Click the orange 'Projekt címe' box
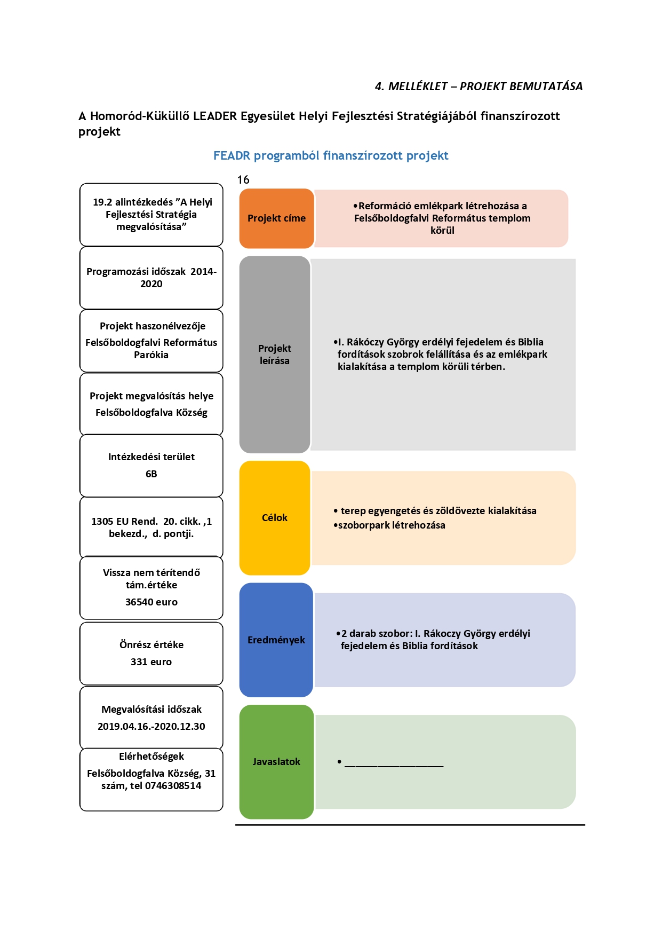[x=276, y=218]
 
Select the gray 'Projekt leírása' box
[x=275, y=355]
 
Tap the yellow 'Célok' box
[x=275, y=518]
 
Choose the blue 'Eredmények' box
[x=276, y=640]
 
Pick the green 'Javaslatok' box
[x=276, y=762]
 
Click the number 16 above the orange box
[x=243, y=180]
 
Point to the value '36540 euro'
[x=151, y=602]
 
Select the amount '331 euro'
[x=151, y=662]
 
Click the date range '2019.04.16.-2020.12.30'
[x=151, y=727]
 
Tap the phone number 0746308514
[x=173, y=786]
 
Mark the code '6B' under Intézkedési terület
[x=151, y=474]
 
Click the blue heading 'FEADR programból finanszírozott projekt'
[x=331, y=156]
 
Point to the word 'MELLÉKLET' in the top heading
[x=418, y=86]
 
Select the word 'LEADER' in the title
[x=215, y=116]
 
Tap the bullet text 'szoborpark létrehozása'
[x=392, y=525]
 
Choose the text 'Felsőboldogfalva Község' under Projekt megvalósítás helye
[x=151, y=413]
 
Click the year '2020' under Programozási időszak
[x=151, y=284]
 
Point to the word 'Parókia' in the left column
[x=151, y=355]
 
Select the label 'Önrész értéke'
[x=151, y=645]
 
